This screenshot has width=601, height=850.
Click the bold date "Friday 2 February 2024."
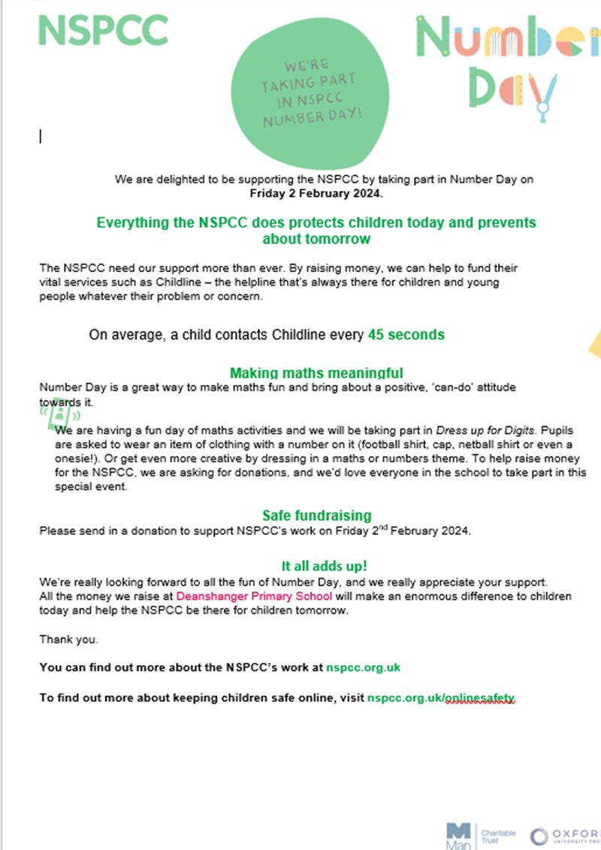(x=316, y=193)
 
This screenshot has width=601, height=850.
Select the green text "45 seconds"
(x=406, y=334)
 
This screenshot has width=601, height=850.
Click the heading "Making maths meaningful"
(x=316, y=373)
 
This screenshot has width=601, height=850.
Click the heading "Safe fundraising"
(x=316, y=516)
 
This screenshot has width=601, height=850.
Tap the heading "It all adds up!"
(x=324, y=566)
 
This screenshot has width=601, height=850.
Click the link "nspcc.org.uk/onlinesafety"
(x=441, y=698)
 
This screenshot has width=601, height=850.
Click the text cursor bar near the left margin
(x=40, y=136)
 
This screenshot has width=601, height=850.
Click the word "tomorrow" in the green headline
(x=340, y=239)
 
